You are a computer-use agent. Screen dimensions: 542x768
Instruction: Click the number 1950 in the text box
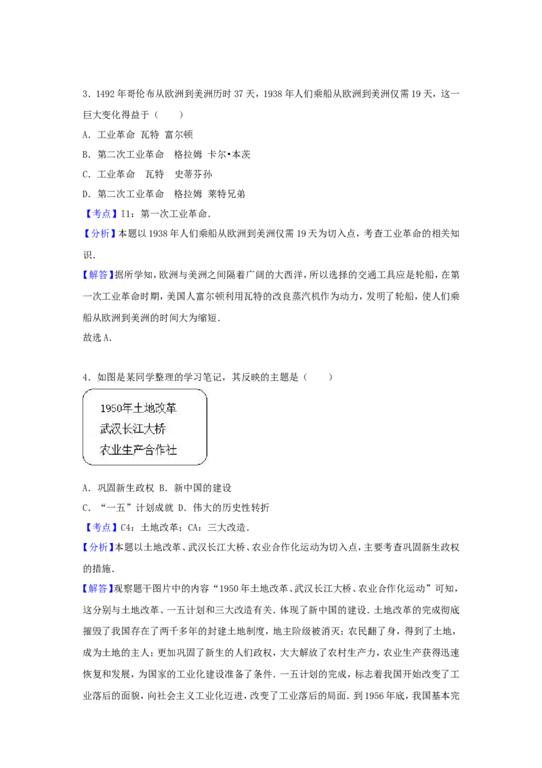pos(110,408)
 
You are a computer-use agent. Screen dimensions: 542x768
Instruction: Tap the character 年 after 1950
pos(127,408)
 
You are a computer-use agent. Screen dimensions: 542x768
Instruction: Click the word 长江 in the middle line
pos(133,429)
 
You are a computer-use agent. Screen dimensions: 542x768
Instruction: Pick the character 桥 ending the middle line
pos(160,429)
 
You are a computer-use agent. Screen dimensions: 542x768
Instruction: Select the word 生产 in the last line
pos(133,450)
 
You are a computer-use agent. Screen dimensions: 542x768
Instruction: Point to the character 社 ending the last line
pos(171,450)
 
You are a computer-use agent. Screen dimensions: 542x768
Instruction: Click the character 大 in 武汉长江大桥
pos(149,429)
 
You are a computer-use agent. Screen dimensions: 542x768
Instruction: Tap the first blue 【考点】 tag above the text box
pos(102,214)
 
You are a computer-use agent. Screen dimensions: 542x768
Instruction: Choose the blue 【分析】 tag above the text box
pos(99,233)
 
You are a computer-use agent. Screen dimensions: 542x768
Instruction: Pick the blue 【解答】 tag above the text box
pos(98,275)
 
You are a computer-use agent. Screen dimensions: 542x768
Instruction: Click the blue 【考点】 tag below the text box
pos(102,527)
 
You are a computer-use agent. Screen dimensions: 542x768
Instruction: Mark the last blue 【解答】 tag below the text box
pos(98,588)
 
